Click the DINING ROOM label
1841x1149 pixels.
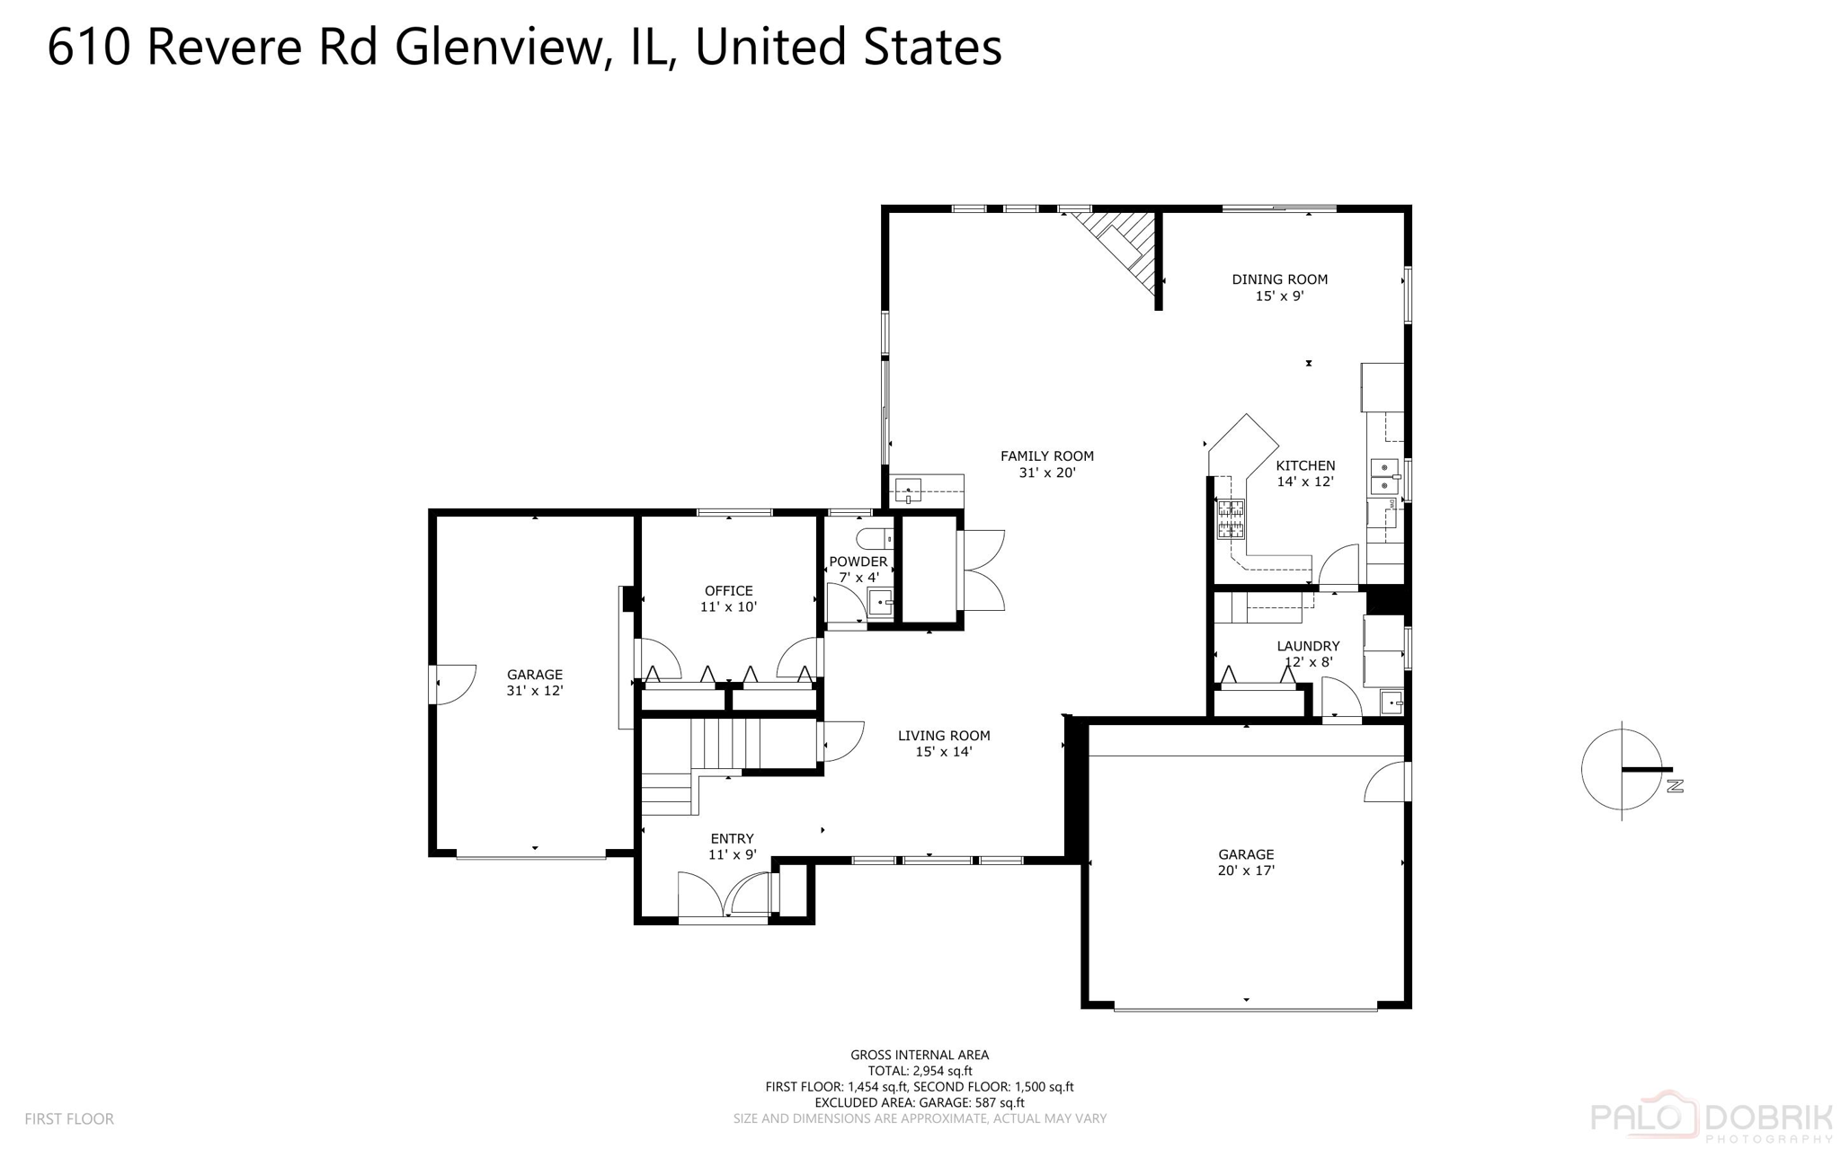(1278, 287)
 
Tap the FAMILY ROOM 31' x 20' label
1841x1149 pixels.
(1046, 464)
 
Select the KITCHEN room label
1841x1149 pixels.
(1305, 473)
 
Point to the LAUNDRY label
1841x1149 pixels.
(1308, 653)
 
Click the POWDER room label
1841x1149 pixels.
(858, 569)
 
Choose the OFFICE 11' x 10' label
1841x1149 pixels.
(728, 598)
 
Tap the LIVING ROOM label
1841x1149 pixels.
(943, 743)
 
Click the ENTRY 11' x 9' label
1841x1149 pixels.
(732, 846)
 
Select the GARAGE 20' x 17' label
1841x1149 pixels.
(1246, 862)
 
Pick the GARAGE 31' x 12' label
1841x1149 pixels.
(534, 682)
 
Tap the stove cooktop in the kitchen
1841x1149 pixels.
(1231, 518)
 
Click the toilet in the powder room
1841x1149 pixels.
(874, 539)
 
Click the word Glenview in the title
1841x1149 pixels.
(497, 47)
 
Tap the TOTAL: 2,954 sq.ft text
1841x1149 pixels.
(919, 1070)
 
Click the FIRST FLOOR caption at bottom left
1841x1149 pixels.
(69, 1118)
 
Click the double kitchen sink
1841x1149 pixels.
(1383, 476)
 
